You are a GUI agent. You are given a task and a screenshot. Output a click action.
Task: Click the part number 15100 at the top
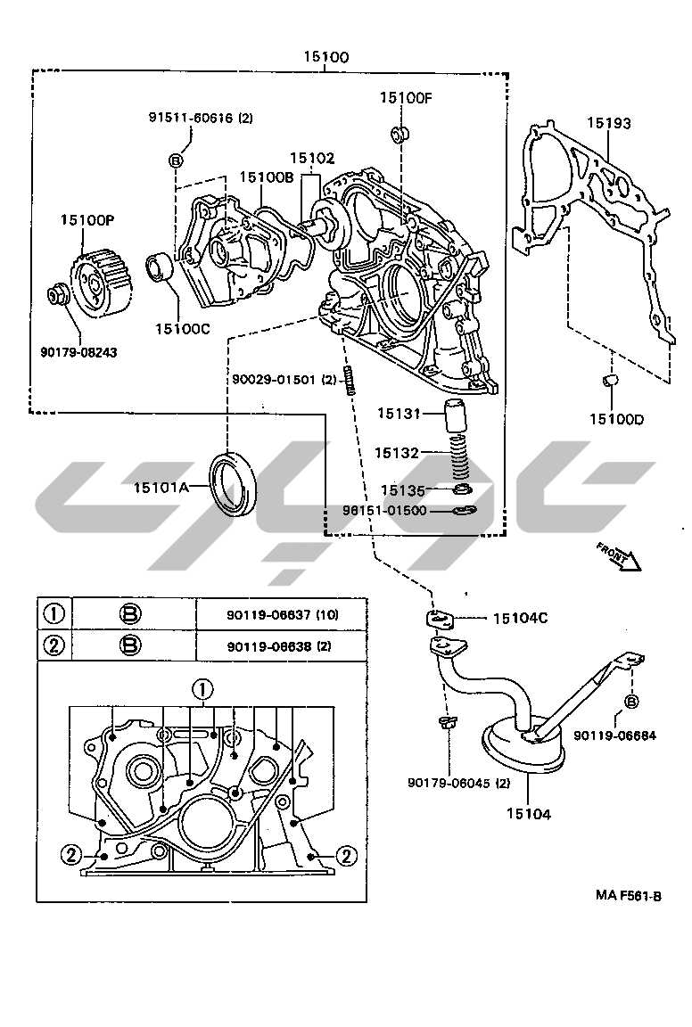click(325, 57)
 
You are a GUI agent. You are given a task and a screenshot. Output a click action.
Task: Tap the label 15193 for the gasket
click(608, 123)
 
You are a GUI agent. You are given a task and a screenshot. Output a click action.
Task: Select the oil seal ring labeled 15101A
click(235, 484)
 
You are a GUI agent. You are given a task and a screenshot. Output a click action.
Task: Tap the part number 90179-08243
click(78, 351)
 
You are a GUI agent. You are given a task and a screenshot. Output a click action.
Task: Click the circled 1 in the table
click(54, 613)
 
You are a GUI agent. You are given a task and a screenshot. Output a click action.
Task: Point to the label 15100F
click(405, 98)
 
